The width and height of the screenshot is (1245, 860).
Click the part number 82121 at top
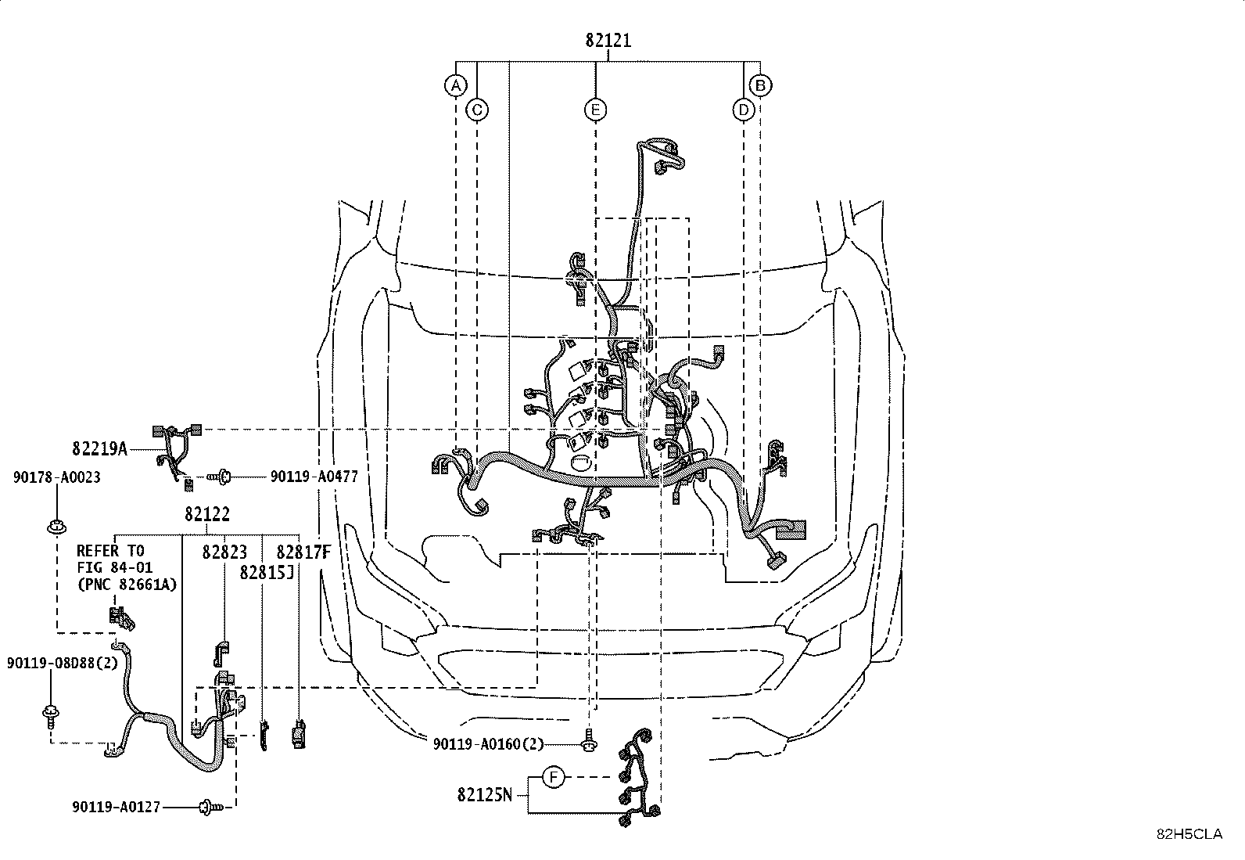608,41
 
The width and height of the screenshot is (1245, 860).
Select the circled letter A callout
456,85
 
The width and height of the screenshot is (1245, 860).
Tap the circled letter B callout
760,85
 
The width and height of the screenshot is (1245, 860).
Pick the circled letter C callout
477,110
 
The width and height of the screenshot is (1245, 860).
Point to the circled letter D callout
744,110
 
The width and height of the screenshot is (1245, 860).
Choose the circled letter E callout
596,110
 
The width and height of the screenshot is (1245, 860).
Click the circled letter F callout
553,778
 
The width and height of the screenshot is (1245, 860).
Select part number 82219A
99,449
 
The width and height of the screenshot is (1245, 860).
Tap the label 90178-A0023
56,477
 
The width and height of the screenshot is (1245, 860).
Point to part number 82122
207,514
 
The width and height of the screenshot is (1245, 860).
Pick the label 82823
224,552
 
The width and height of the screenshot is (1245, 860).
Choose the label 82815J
267,571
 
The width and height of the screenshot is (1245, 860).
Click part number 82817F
303,552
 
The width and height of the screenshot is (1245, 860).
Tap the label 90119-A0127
116,806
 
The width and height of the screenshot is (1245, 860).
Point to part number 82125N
485,795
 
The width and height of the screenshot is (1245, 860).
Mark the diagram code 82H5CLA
1189,834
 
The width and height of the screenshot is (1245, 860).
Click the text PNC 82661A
127,583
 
